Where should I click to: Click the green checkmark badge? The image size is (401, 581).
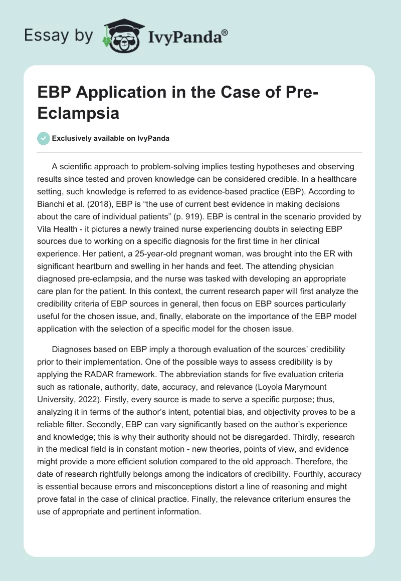pyautogui.click(x=44, y=138)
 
